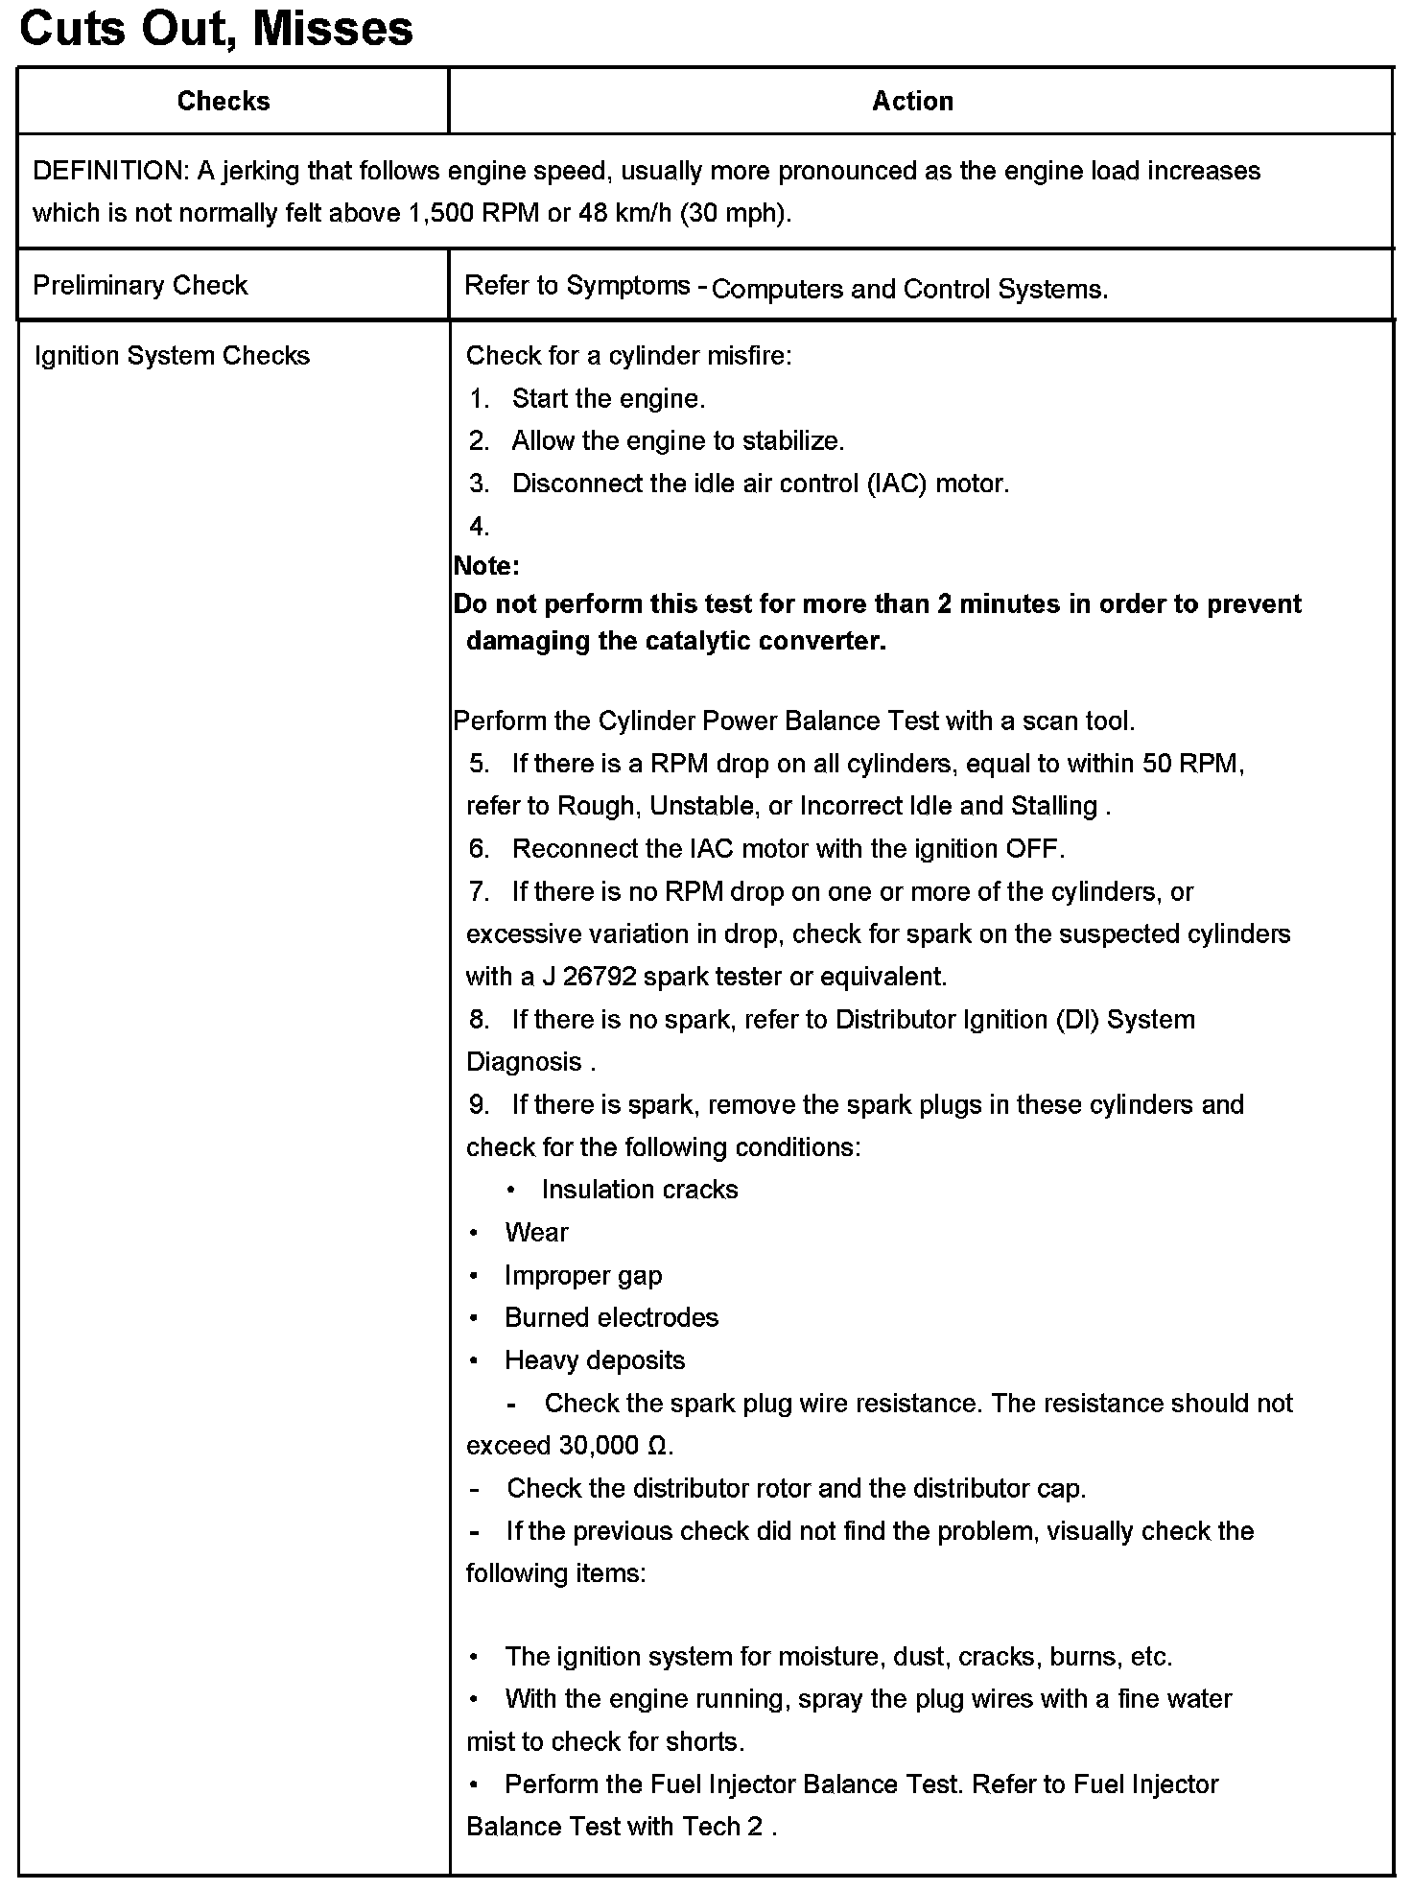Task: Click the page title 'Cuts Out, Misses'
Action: [216, 29]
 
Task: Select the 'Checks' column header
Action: [224, 101]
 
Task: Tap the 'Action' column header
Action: [912, 101]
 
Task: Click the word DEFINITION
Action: [109, 171]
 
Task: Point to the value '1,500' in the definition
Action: [441, 213]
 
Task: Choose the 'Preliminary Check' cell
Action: [140, 285]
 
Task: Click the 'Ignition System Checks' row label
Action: [172, 356]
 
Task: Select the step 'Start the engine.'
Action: [608, 398]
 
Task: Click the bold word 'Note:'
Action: [486, 566]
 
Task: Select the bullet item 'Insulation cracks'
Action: [640, 1190]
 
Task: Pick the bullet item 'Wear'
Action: [536, 1232]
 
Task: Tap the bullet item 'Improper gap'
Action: [583, 1275]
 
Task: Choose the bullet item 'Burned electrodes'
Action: [611, 1317]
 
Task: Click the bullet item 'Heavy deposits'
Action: [595, 1360]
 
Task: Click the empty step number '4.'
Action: [480, 526]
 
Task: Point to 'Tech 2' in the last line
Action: [722, 1827]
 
